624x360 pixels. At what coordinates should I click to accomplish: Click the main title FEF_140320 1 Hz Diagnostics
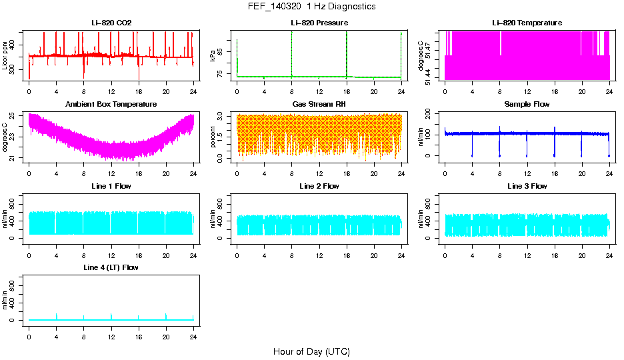(311, 7)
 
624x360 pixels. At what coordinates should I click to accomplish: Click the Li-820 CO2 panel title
(111, 23)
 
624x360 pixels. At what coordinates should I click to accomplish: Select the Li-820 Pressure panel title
(319, 23)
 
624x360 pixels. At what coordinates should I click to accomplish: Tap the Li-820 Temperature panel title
(527, 23)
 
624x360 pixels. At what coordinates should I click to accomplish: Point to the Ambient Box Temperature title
(111, 104)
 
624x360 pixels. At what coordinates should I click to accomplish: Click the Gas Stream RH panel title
(319, 104)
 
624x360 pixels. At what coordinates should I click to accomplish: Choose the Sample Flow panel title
(527, 104)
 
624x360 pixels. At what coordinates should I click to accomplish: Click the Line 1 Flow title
(111, 186)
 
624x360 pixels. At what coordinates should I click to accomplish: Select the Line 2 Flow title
(319, 186)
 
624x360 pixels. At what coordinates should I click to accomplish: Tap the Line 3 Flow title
(527, 186)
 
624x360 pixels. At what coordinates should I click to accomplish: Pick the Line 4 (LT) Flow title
(111, 267)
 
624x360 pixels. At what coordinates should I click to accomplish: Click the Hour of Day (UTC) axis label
(311, 351)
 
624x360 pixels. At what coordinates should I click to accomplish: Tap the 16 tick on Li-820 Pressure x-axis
(347, 91)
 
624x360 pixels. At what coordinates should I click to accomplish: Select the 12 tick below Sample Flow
(527, 173)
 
